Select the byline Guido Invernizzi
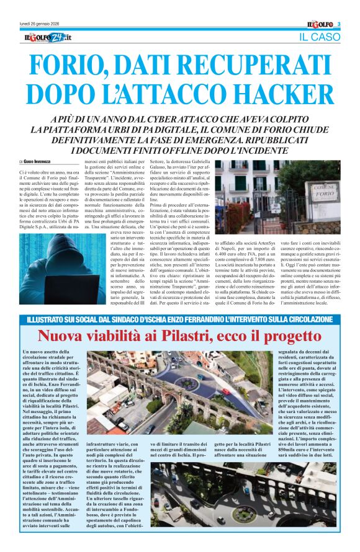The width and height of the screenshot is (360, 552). [x=42, y=162]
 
